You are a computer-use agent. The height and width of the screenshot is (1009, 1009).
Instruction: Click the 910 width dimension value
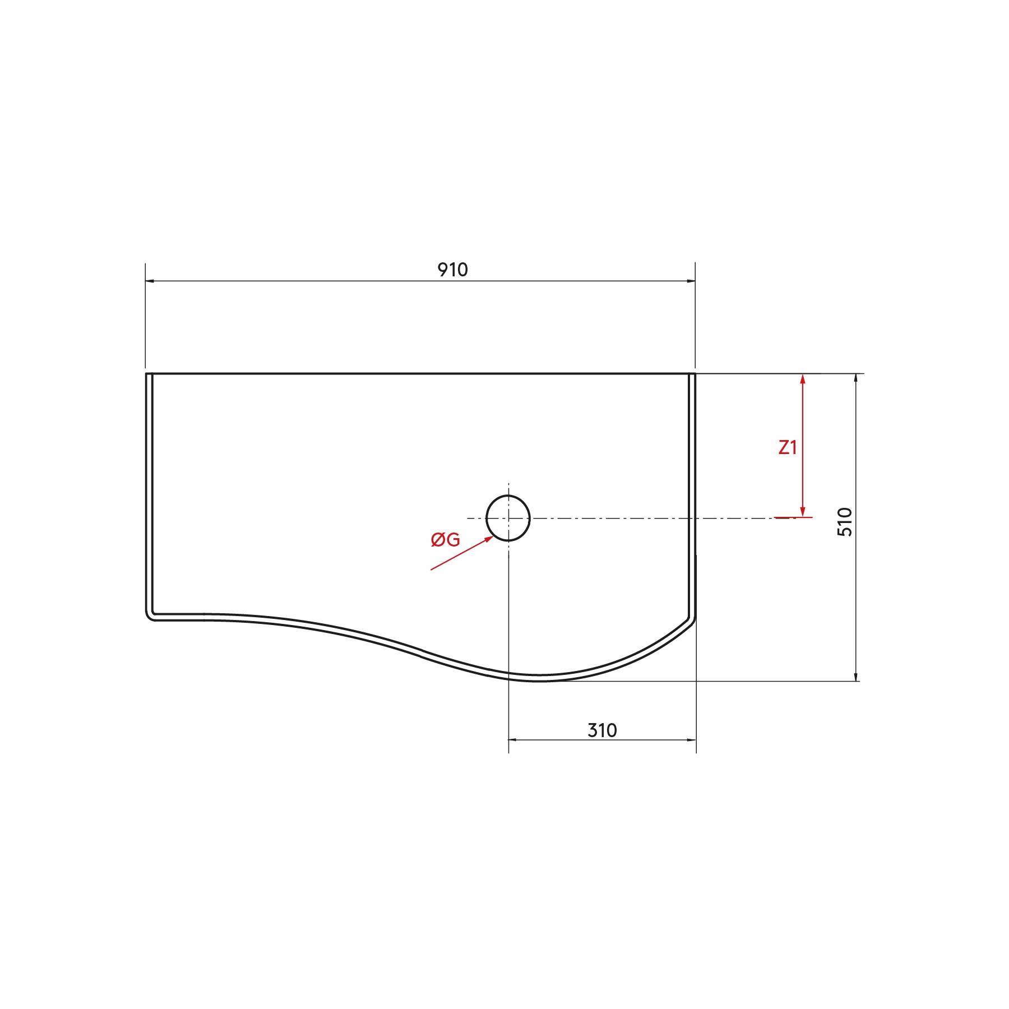click(452, 270)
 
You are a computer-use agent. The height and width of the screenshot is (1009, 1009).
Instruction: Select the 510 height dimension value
click(844, 522)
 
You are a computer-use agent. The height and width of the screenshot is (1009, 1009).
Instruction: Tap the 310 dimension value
click(602, 730)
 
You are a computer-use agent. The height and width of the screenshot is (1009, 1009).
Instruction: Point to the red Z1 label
click(788, 447)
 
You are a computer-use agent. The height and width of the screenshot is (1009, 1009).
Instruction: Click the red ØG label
click(445, 540)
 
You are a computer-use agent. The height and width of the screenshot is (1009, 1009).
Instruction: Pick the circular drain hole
click(508, 519)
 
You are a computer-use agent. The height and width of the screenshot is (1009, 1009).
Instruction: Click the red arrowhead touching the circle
click(489, 539)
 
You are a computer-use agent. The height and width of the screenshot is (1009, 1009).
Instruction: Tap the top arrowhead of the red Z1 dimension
click(803, 379)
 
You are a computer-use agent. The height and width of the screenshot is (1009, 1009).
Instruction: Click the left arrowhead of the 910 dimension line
click(150, 281)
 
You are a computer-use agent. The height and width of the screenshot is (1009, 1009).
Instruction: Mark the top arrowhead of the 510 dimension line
click(855, 378)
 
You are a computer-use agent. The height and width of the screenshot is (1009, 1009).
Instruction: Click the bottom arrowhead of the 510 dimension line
click(855, 677)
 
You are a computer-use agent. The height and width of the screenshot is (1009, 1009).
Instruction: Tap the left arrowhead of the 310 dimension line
click(512, 739)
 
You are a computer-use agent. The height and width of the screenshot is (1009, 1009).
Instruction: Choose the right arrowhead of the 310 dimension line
click(692, 739)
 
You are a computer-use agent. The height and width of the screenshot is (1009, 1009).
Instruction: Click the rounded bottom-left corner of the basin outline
click(150, 616)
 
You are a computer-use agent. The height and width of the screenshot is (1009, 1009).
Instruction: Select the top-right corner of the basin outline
click(694, 374)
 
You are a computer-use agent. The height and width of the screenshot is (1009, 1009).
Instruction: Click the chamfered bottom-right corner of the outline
click(691, 619)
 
